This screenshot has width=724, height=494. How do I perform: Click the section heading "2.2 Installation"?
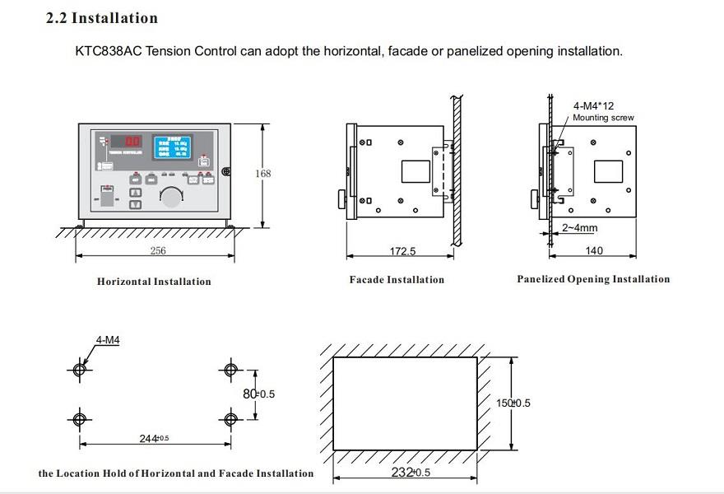point(101,18)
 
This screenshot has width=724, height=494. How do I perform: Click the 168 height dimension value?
point(262,174)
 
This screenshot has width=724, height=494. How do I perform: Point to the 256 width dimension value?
point(157,251)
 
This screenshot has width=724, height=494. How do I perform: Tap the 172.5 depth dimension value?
point(402,251)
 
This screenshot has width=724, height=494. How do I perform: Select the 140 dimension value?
point(593,250)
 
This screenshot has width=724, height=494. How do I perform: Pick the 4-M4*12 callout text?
point(593,106)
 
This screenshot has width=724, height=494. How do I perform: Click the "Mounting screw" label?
point(603,118)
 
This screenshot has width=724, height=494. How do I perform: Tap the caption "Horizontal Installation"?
point(154,282)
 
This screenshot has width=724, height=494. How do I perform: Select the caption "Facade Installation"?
point(397,280)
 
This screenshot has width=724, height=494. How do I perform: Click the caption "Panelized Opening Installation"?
point(593,279)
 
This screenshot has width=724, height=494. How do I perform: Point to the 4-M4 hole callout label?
point(108,339)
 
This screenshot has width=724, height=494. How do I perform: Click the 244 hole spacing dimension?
point(153,438)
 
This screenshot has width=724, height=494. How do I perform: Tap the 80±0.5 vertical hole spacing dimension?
point(258,394)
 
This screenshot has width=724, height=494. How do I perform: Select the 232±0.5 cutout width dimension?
point(410,473)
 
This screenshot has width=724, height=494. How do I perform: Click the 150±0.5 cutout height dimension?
point(513,403)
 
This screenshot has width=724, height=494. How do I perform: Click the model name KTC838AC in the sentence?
point(107,51)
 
